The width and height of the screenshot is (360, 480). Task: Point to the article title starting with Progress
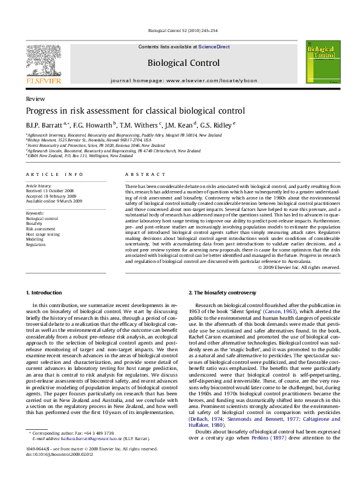(135, 111)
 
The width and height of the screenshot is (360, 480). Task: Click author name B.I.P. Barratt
(41, 125)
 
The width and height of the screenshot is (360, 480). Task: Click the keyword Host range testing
(42, 233)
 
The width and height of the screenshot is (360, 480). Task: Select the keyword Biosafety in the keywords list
(34, 222)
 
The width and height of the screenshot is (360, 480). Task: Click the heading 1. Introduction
(44, 293)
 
